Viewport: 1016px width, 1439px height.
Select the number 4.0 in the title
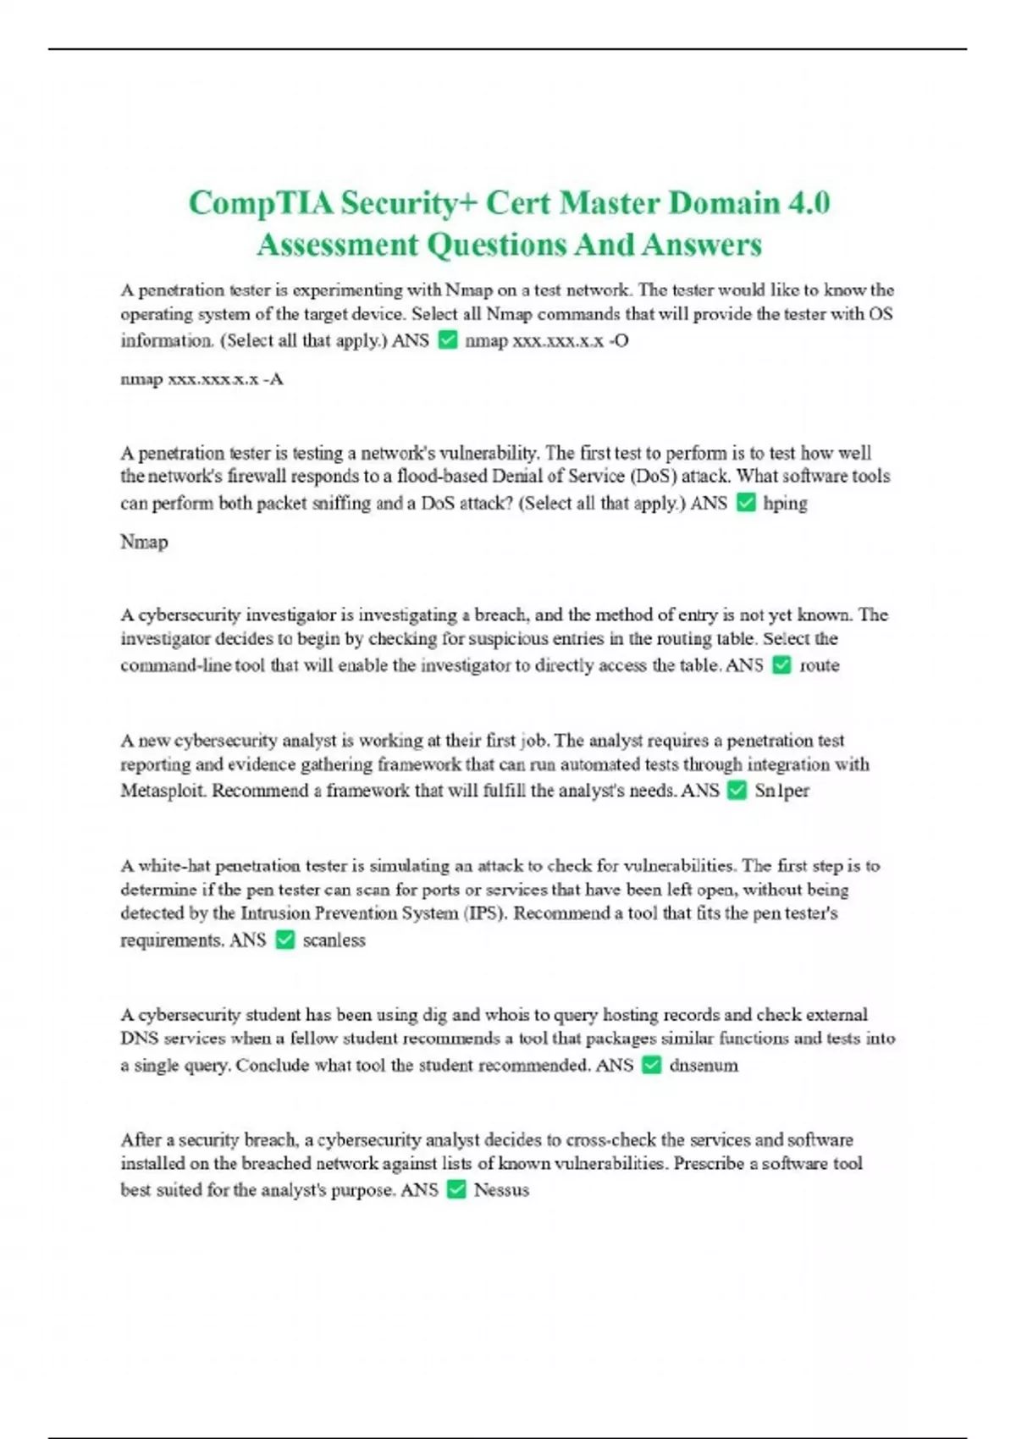[809, 203]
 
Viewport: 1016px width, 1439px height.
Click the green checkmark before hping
[746, 503]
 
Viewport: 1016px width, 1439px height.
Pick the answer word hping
[785, 504]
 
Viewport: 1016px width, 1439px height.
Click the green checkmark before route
[782, 665]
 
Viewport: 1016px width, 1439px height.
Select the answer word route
[819, 665]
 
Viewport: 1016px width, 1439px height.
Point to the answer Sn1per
[781, 791]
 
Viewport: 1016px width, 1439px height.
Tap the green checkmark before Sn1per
[737, 791]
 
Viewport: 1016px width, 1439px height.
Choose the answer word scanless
[334, 940]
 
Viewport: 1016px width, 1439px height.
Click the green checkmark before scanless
[285, 940]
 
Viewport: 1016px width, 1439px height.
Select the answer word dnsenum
[703, 1066]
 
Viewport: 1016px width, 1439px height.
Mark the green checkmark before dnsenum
[651, 1066]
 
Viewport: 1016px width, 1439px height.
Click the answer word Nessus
[501, 1190]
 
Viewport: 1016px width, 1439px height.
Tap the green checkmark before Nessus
[456, 1190]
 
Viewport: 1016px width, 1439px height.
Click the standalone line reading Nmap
[144, 542]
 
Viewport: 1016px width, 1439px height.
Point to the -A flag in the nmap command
[273, 379]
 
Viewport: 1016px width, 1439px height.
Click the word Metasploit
[163, 791]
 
